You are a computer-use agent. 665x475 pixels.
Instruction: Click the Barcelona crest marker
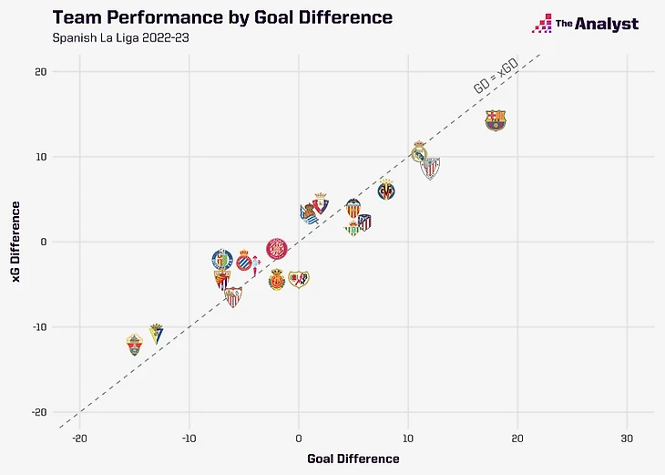pos(495,120)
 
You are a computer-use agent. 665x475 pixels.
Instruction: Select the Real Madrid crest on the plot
pos(419,150)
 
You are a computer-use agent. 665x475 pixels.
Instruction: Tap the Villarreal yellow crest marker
pos(386,191)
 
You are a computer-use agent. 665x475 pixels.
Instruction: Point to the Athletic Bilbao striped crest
pos(430,168)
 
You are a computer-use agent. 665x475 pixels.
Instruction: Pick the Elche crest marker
pos(135,345)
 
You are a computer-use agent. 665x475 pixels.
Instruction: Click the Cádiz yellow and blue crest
pos(156,333)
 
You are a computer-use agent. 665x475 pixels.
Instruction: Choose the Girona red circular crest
pos(277,248)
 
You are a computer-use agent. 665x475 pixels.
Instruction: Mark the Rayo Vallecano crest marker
pos(299,279)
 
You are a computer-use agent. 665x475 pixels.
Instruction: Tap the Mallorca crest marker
pos(277,281)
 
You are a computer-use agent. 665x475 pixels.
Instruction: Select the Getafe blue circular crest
pos(221,259)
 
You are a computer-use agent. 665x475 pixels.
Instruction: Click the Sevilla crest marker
pos(233,296)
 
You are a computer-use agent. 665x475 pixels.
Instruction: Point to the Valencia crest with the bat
pos(353,208)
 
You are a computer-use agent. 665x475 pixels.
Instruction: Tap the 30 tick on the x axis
pos(627,439)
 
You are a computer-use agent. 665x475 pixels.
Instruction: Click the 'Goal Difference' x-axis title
pos(353,459)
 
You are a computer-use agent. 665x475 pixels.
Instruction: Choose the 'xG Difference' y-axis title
pos(17,242)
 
